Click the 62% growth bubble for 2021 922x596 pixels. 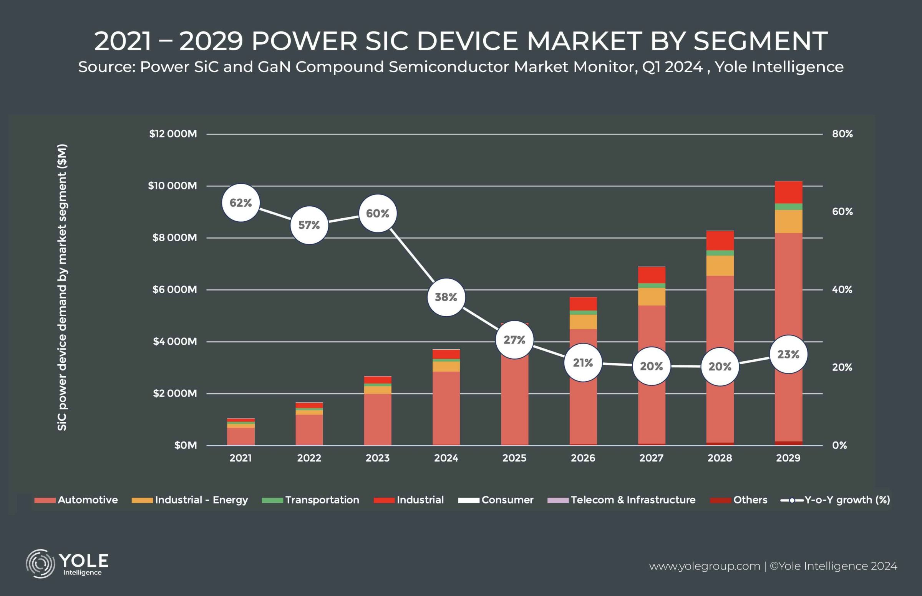(x=240, y=203)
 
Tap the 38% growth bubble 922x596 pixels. (x=446, y=297)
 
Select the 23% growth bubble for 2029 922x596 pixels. (x=788, y=355)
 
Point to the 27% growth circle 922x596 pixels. (x=514, y=340)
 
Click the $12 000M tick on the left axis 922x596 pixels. (x=173, y=134)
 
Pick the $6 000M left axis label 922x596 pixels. (x=174, y=289)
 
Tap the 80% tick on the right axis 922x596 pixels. (x=842, y=134)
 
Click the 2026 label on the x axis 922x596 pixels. (x=583, y=458)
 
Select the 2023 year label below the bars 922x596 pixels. (x=378, y=458)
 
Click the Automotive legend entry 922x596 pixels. (x=76, y=500)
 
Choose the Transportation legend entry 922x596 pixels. (x=310, y=500)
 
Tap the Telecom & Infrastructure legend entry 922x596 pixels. (x=621, y=500)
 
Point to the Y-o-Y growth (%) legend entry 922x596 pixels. (x=836, y=500)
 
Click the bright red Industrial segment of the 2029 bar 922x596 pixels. (x=788, y=192)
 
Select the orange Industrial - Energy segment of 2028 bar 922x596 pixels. (x=720, y=266)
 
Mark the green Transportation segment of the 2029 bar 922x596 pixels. (x=788, y=207)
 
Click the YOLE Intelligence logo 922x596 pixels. (x=67, y=563)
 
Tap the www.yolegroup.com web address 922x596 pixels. (x=705, y=566)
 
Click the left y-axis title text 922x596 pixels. (x=62, y=287)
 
